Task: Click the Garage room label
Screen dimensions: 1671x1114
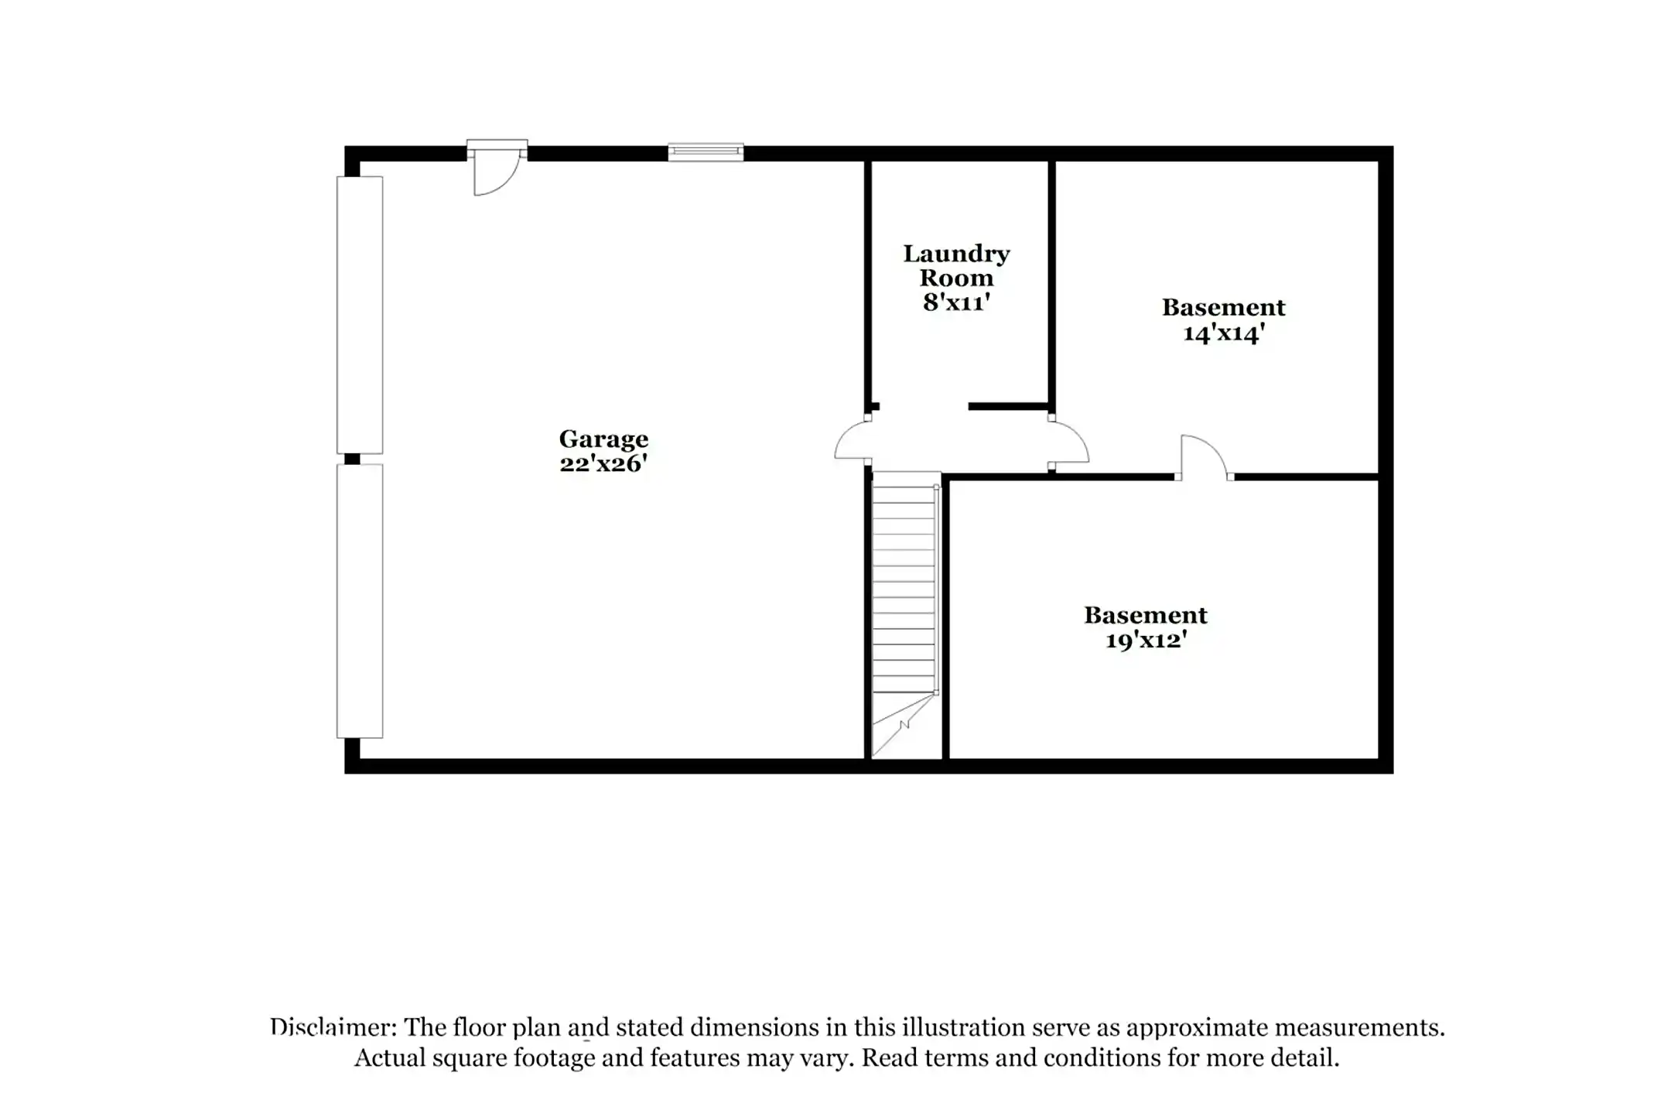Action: click(603, 440)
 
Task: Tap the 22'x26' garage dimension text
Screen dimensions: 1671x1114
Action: click(603, 463)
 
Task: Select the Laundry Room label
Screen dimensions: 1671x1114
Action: click(956, 265)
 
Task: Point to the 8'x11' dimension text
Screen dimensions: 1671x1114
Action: click(956, 302)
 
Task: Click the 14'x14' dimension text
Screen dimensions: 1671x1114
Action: click(1224, 333)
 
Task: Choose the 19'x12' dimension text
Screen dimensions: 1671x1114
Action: click(1146, 641)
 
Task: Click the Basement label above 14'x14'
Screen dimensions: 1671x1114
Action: click(1224, 307)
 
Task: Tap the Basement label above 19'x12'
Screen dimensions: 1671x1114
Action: click(1146, 615)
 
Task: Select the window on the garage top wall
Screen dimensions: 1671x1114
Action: click(706, 152)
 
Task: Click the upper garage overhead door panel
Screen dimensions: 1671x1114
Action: click(360, 315)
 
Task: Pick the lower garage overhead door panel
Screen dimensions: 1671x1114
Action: click(360, 601)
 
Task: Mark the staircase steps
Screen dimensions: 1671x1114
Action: click(904, 588)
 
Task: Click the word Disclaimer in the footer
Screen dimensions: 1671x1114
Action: click(333, 1027)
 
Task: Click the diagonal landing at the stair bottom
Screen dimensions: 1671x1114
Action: click(904, 725)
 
